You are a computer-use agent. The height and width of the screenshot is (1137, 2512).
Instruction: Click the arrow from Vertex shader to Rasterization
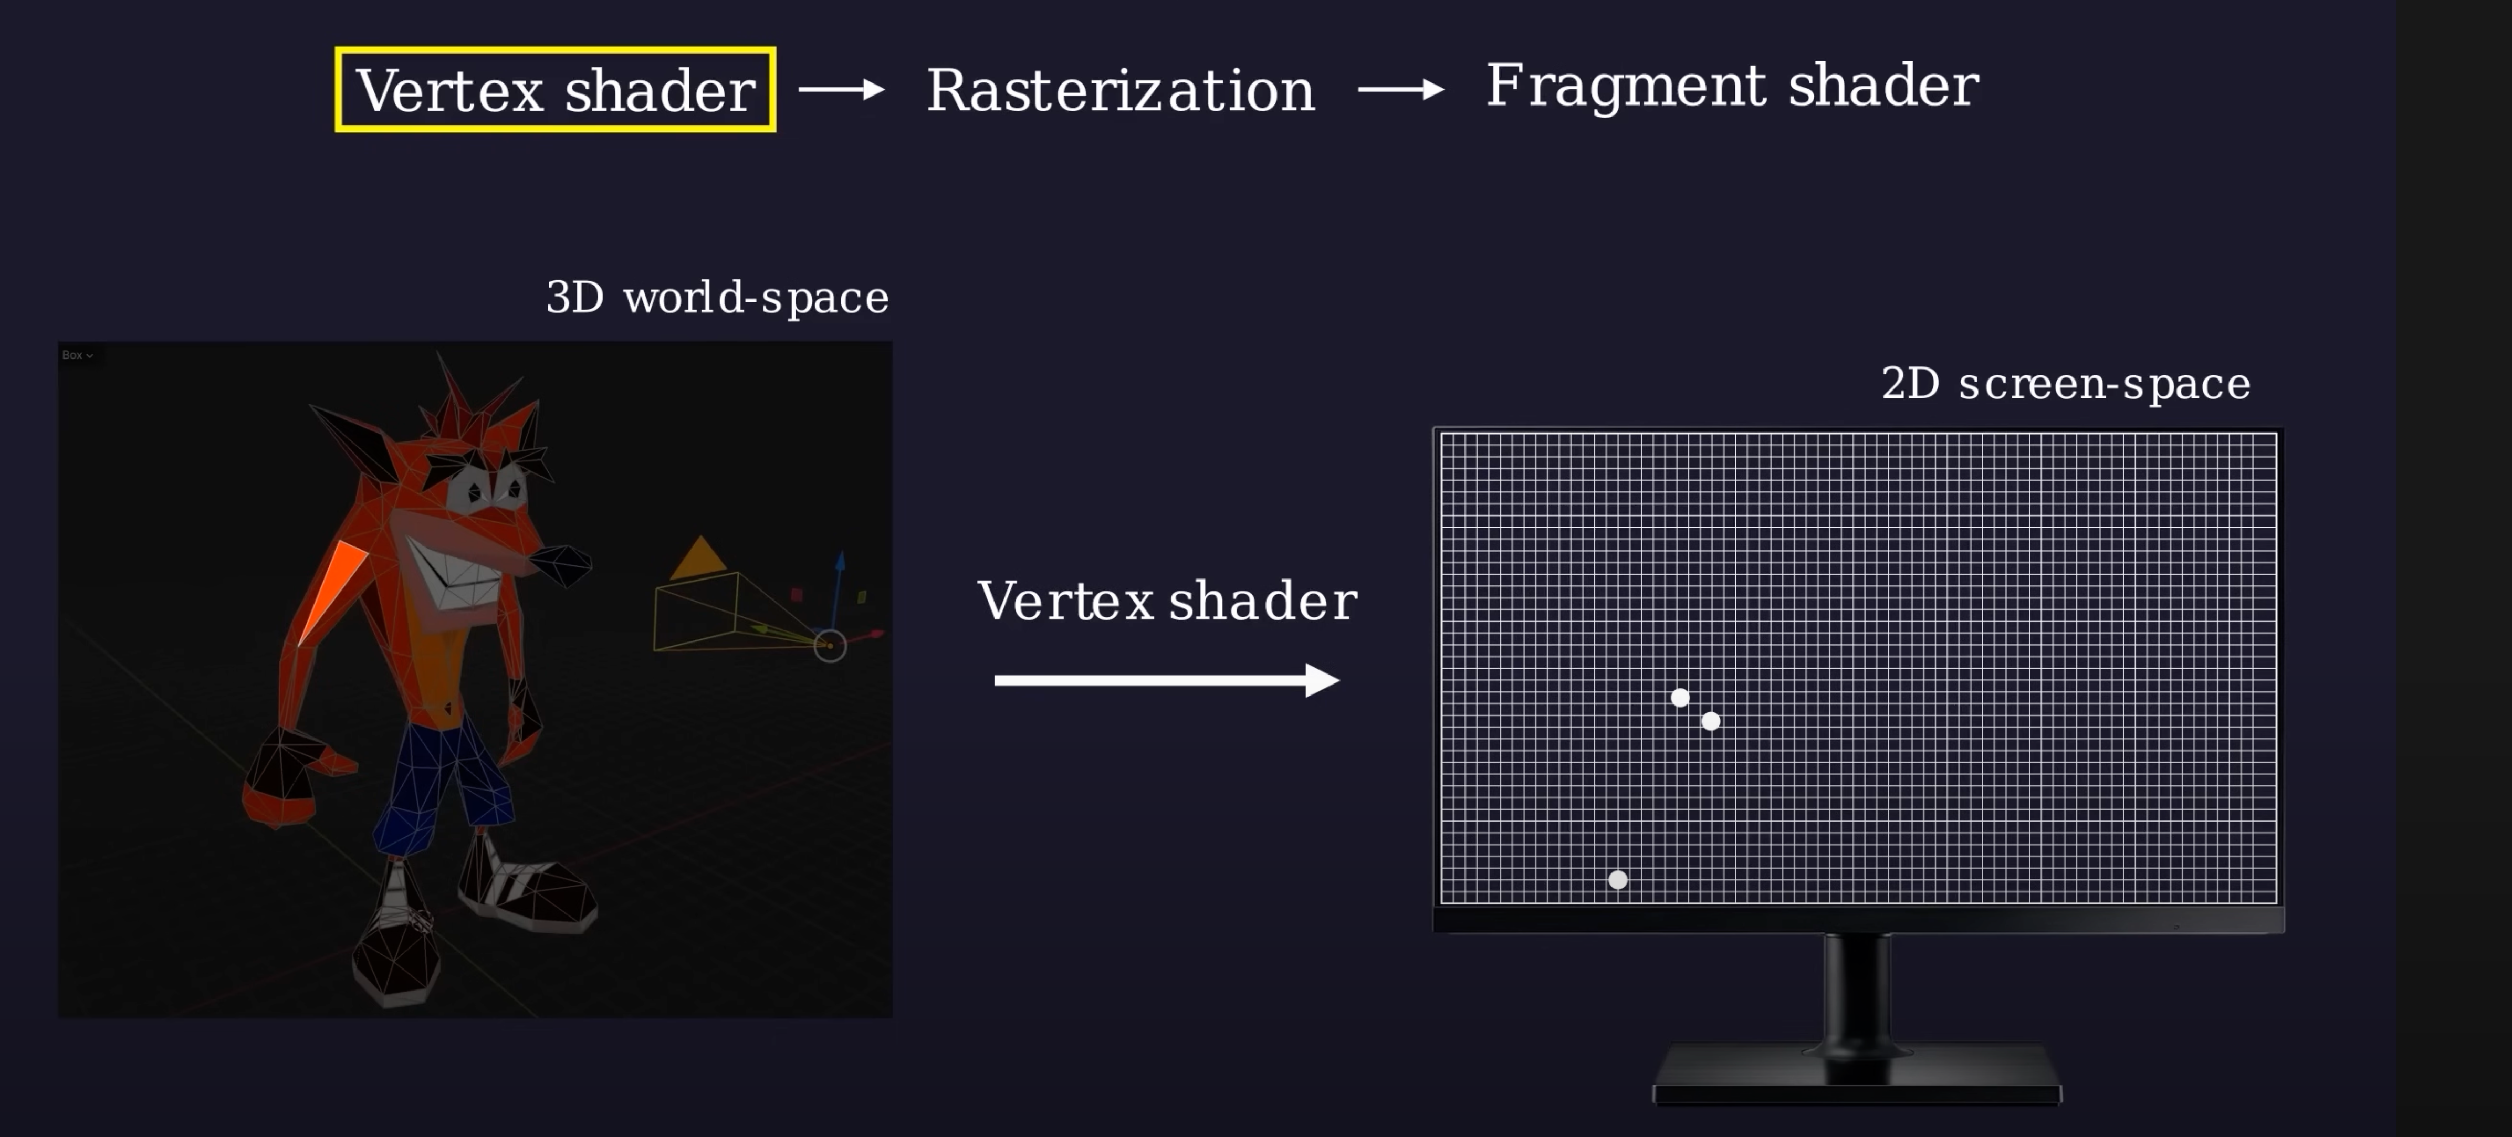[842, 90]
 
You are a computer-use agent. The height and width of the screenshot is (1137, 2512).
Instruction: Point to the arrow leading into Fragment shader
[1401, 90]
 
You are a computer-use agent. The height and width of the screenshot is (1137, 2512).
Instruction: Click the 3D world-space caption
[717, 298]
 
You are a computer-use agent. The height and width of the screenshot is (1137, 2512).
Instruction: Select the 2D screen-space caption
[2065, 383]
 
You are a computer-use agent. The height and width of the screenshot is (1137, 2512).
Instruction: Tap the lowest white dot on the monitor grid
[1618, 880]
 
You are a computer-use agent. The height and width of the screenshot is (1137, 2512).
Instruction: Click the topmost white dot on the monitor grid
[1679, 697]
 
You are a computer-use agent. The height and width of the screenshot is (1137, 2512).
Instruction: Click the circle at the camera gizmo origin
[830, 646]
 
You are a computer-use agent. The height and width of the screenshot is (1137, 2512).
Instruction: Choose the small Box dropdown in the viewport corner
[77, 355]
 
